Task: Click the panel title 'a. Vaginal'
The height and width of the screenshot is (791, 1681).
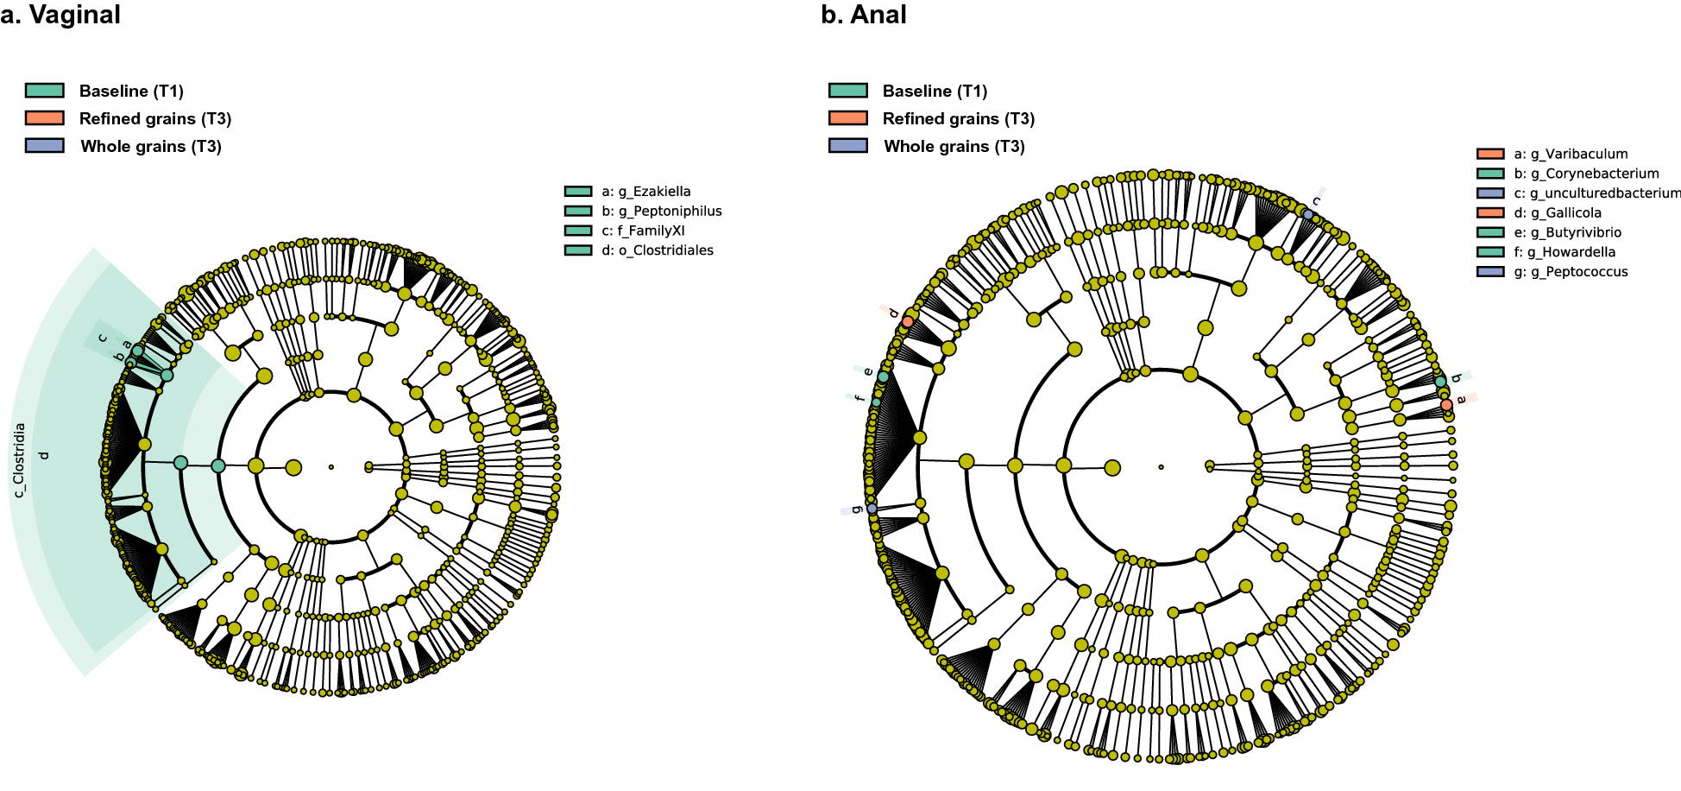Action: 60,16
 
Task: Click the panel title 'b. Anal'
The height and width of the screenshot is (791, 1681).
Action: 863,16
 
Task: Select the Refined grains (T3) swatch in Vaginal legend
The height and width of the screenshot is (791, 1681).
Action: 45,118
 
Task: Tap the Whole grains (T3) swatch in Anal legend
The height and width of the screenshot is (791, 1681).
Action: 847,146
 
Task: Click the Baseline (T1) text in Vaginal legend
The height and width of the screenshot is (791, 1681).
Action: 131,92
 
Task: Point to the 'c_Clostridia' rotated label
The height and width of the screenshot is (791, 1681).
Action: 19,459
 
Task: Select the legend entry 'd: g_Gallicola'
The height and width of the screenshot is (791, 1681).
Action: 1558,212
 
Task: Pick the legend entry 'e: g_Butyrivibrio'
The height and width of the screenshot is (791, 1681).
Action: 1567,232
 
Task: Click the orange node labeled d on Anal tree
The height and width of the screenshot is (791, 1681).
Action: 908,322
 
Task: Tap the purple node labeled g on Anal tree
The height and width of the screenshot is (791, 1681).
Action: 872,509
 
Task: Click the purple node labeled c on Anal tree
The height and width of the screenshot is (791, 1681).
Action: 1308,214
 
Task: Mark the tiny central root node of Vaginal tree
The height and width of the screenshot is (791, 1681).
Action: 331,467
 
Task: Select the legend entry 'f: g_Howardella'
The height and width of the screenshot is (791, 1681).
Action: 1565,252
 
